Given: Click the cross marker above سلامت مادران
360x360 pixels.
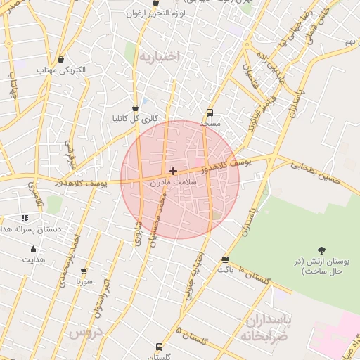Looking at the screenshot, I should click(x=173, y=171).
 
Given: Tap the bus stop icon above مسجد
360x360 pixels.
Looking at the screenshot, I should click(x=210, y=112).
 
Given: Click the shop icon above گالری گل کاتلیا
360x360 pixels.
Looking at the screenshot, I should click(x=135, y=108).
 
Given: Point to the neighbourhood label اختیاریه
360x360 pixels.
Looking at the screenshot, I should click(x=159, y=55).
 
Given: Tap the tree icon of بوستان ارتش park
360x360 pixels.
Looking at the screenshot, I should click(x=322, y=250).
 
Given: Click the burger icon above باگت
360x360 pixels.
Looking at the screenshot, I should click(x=224, y=259).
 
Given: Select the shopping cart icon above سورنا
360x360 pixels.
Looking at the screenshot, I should click(x=84, y=271).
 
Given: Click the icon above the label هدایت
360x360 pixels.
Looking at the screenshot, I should click(x=33, y=249).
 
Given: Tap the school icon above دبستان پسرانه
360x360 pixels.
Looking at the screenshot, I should click(x=25, y=219).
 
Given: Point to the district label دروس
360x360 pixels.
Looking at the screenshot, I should click(x=86, y=331).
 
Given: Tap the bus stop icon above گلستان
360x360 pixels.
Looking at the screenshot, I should click(x=159, y=347).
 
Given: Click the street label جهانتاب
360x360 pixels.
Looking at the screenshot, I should click(x=12, y=89).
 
